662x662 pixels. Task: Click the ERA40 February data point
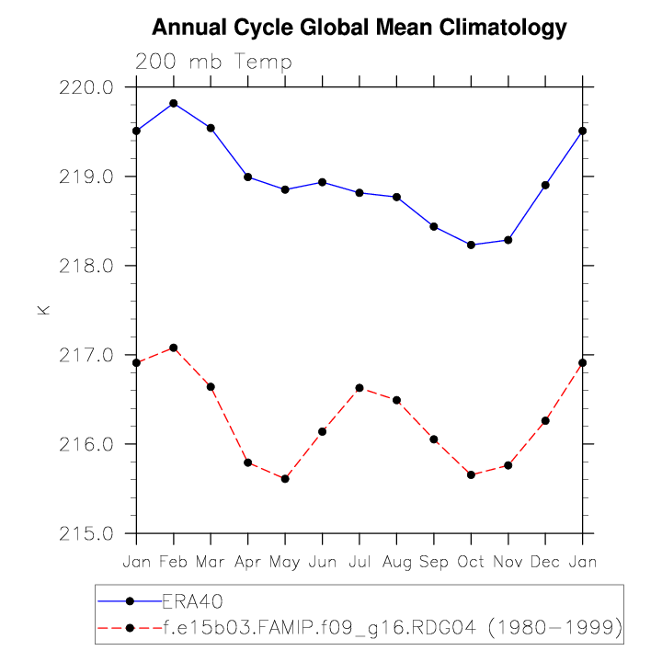pyautogui.click(x=174, y=103)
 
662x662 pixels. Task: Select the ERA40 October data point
pyautogui.click(x=471, y=245)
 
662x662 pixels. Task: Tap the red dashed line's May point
pyautogui.click(x=285, y=479)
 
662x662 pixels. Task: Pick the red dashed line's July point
pyautogui.click(x=360, y=388)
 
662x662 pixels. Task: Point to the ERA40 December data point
pyautogui.click(x=545, y=185)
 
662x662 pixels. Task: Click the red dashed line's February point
pyautogui.click(x=174, y=348)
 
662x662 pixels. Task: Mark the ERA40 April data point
pyautogui.click(x=248, y=177)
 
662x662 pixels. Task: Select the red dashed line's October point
pyautogui.click(x=471, y=474)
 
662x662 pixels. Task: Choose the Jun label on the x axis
pyautogui.click(x=322, y=562)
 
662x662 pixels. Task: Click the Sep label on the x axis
pyautogui.click(x=434, y=562)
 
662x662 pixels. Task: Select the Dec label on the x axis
pyautogui.click(x=545, y=562)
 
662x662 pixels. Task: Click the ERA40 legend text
pyautogui.click(x=193, y=601)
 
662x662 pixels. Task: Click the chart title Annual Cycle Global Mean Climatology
pyautogui.click(x=360, y=28)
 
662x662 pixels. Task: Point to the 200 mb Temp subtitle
pyautogui.click(x=213, y=63)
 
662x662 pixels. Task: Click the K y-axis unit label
pyautogui.click(x=42, y=311)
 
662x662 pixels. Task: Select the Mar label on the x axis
pyautogui.click(x=211, y=562)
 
